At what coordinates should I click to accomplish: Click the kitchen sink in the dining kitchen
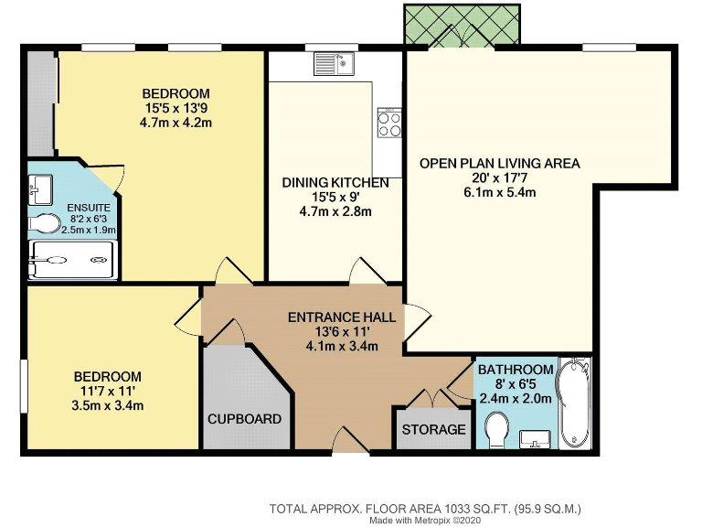(x=334, y=64)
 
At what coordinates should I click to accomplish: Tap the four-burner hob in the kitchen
(x=389, y=123)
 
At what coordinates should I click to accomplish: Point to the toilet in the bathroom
(x=498, y=430)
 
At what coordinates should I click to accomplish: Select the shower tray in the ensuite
(x=73, y=260)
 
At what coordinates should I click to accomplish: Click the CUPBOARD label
(x=244, y=419)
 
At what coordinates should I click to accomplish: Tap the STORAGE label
(x=433, y=430)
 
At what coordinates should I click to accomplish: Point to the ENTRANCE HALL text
(x=342, y=317)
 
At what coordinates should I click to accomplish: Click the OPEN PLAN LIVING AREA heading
(x=499, y=164)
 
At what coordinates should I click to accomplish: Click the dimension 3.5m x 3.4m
(x=108, y=405)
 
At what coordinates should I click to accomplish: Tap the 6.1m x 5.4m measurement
(x=499, y=193)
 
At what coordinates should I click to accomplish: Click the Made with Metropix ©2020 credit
(x=425, y=520)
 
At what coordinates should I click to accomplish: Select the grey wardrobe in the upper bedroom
(x=40, y=102)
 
